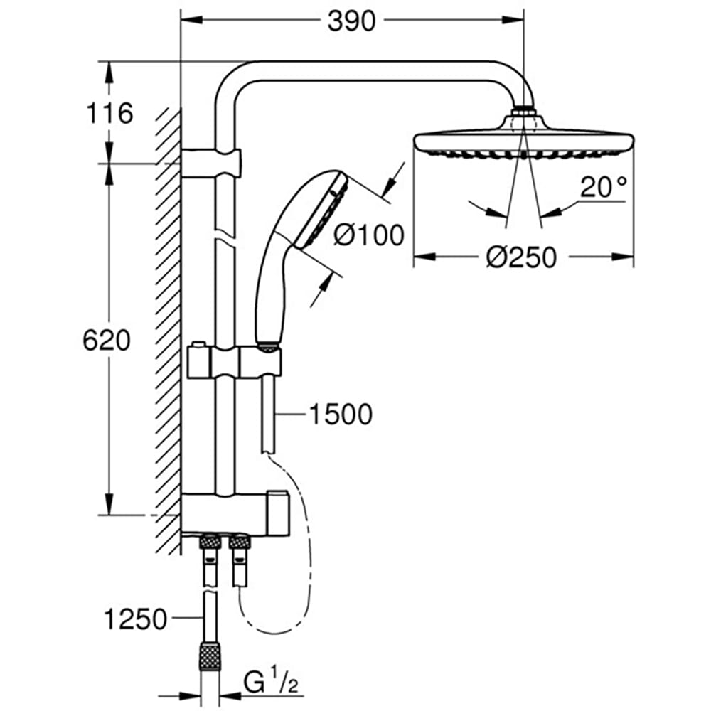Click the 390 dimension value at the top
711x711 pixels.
click(x=351, y=21)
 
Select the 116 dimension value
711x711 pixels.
click(x=109, y=112)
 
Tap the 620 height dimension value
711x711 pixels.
click(x=107, y=341)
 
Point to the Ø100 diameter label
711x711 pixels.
click(x=368, y=234)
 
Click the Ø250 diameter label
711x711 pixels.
click(x=522, y=257)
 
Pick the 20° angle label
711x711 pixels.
click(x=604, y=187)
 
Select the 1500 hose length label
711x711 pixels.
click(x=341, y=414)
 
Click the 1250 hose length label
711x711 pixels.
click(x=135, y=619)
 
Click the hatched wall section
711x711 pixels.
click(x=167, y=320)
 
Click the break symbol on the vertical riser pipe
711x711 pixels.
click(x=223, y=237)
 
